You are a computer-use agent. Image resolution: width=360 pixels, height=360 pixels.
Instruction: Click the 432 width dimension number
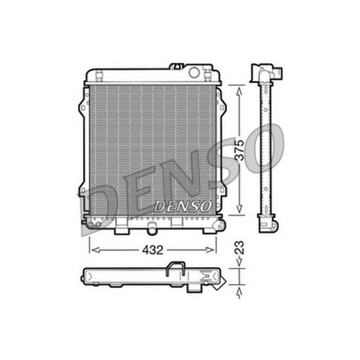[153, 250]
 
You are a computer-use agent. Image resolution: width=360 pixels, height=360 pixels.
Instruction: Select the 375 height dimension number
[239, 150]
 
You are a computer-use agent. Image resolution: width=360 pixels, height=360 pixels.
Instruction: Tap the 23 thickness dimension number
[239, 247]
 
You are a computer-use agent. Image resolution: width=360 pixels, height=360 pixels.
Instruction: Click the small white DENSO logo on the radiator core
[183, 206]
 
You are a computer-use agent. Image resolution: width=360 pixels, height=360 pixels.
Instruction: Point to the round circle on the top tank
[194, 72]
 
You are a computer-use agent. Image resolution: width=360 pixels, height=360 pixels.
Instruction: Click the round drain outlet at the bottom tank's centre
[152, 229]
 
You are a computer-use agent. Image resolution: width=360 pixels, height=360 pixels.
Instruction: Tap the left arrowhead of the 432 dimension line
[96, 250]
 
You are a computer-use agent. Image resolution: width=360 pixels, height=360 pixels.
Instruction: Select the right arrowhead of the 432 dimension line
[210, 250]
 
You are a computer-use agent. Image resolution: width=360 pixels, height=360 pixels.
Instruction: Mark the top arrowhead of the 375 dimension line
[239, 91]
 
